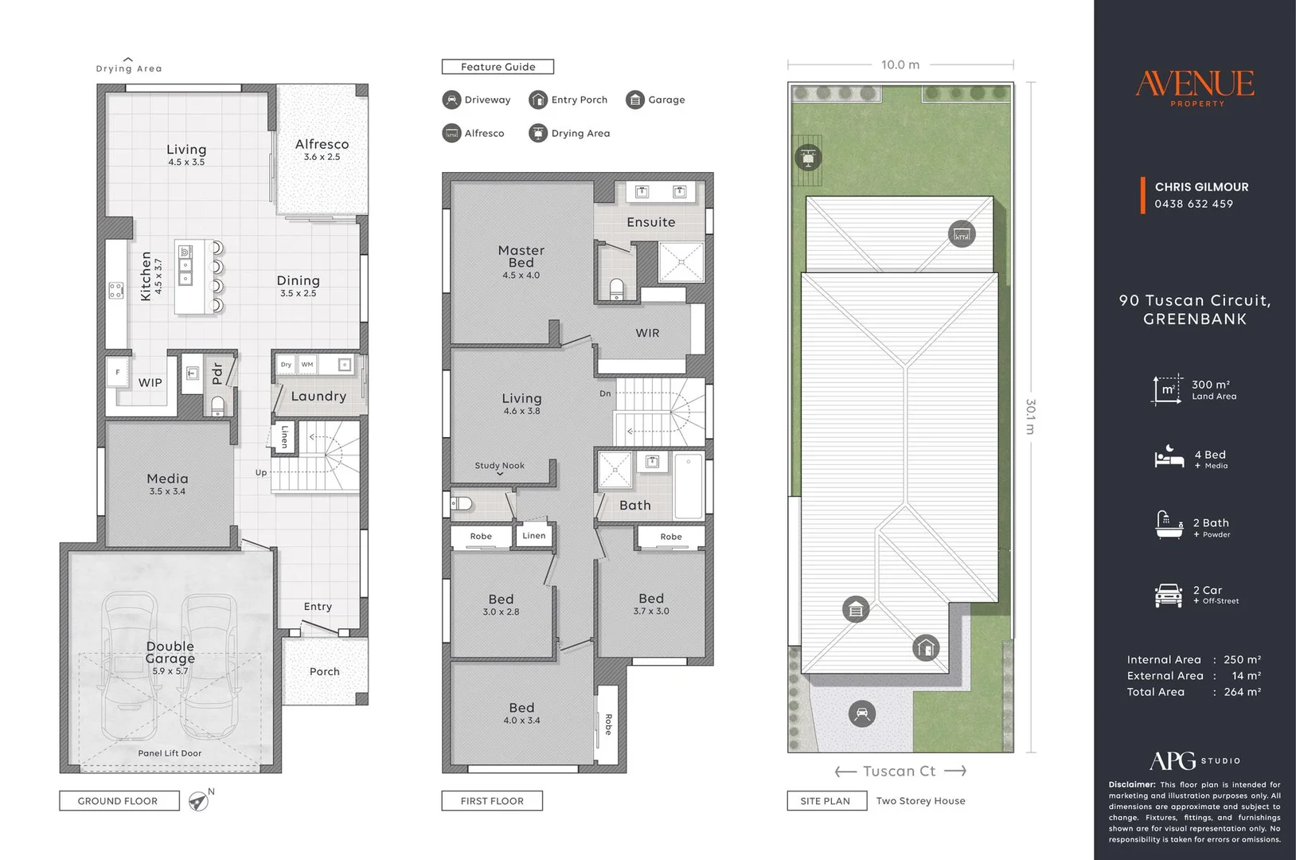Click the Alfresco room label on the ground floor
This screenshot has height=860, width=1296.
click(x=322, y=144)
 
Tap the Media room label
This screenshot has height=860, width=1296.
click(x=167, y=479)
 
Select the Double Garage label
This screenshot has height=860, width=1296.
click(x=170, y=652)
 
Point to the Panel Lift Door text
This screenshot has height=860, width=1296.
click(x=170, y=753)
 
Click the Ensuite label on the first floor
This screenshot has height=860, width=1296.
click(x=651, y=222)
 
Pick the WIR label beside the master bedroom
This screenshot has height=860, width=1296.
click(x=647, y=333)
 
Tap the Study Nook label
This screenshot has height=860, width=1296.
click(x=499, y=465)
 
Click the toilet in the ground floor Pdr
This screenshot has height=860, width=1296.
click(x=217, y=406)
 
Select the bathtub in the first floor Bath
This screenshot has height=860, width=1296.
click(x=689, y=486)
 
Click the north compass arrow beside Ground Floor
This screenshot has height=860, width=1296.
click(x=198, y=801)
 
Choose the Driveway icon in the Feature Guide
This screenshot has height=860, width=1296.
click(x=451, y=100)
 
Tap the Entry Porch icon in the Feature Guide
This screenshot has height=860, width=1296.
click(x=538, y=100)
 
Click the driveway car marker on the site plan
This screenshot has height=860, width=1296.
click(x=862, y=713)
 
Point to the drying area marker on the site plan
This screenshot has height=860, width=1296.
click(x=808, y=158)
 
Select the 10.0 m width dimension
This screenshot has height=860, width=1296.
click(x=900, y=64)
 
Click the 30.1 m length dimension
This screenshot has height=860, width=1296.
click(x=1030, y=416)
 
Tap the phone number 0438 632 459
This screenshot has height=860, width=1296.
click(x=1193, y=204)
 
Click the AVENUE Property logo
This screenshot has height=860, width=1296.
click(x=1196, y=88)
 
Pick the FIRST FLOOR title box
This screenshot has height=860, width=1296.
click(x=492, y=801)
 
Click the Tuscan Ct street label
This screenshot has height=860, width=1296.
click(x=899, y=771)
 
